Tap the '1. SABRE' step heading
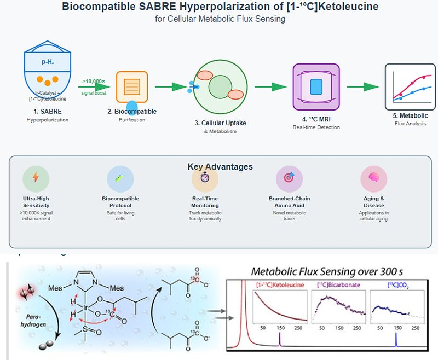click(x=48, y=112)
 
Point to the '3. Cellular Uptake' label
click(x=219, y=123)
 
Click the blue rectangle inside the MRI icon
click(x=316, y=86)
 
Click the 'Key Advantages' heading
click(x=220, y=167)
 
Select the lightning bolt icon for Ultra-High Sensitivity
click(x=36, y=178)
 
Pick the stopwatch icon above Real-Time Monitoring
click(x=205, y=178)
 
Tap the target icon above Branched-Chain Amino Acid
click(x=289, y=178)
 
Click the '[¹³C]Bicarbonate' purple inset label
click(x=335, y=286)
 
